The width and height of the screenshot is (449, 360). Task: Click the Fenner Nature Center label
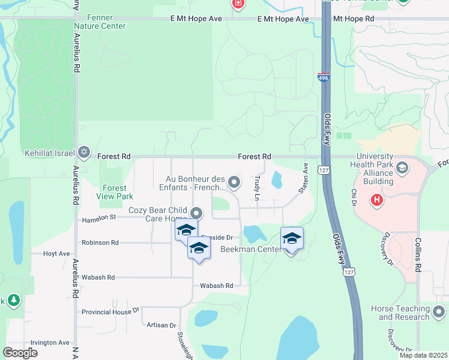click(x=100, y=22)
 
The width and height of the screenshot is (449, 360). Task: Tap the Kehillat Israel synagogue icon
click(x=85, y=152)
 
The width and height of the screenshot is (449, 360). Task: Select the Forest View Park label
click(x=114, y=191)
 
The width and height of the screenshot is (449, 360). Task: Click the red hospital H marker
click(x=377, y=199)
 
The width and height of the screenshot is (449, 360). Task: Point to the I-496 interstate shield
click(x=324, y=76)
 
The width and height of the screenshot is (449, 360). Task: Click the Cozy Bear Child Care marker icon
click(x=196, y=213)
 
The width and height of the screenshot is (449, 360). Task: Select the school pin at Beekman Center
click(x=292, y=238)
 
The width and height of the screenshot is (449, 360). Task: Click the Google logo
click(x=20, y=353)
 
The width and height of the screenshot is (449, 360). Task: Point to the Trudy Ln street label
click(x=257, y=188)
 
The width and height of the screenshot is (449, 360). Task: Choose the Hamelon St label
click(x=99, y=218)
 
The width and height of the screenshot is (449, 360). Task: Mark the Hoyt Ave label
click(x=57, y=254)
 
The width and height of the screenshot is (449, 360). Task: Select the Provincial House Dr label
click(x=110, y=311)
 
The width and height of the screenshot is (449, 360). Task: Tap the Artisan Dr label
click(x=161, y=325)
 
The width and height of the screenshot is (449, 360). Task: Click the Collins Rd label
click(x=418, y=254)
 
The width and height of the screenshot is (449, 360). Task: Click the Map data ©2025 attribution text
click(x=423, y=355)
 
